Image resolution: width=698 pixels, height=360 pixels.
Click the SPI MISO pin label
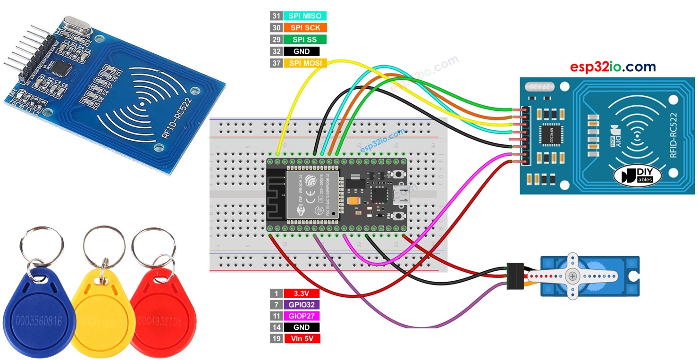[x=305, y=16]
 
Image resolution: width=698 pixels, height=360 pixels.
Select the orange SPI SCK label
[x=305, y=28]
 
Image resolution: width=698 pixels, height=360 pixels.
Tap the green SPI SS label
[x=305, y=39]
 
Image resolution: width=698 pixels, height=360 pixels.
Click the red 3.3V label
[x=302, y=293]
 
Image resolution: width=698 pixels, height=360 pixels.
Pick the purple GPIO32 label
[x=302, y=305]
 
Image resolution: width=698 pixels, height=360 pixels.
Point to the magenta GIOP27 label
[x=302, y=316]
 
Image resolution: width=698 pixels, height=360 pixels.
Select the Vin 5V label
[x=302, y=339]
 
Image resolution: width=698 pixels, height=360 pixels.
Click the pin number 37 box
[x=276, y=63]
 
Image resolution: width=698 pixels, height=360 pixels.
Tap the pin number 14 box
[x=276, y=327]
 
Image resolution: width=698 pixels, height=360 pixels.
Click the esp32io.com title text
[x=613, y=67]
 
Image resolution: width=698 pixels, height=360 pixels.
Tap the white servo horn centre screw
[x=572, y=276]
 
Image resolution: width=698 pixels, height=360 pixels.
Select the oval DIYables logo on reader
[x=637, y=176]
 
